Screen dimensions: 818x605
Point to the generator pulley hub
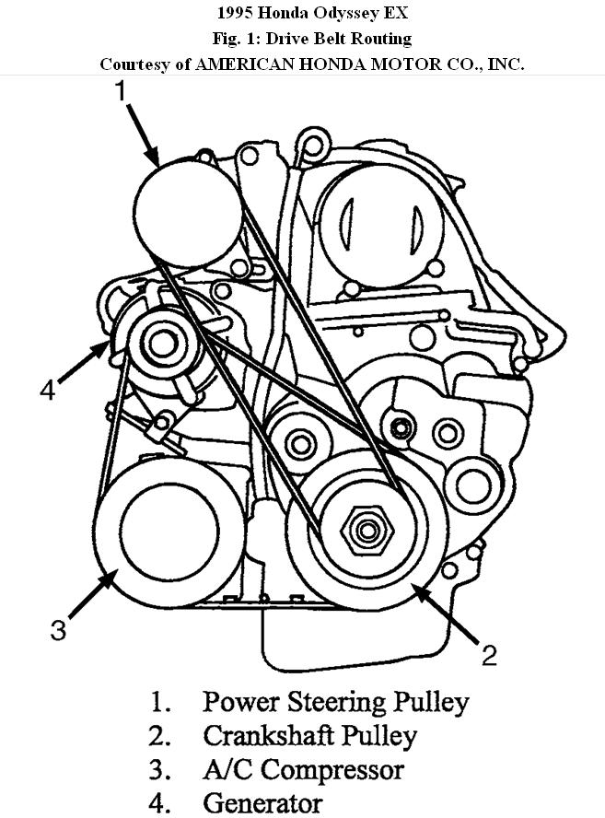pyautogui.click(x=163, y=345)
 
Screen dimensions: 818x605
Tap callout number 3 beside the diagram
pyautogui.click(x=58, y=630)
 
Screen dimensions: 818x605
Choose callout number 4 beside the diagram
pyautogui.click(x=49, y=391)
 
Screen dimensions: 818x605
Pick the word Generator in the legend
pyautogui.click(x=262, y=802)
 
